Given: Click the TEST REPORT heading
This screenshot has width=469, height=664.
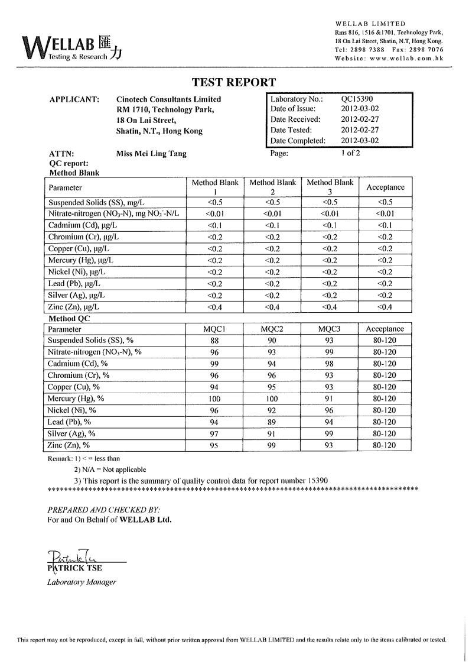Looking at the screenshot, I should point(233,83).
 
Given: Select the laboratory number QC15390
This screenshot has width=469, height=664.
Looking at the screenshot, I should point(357,99).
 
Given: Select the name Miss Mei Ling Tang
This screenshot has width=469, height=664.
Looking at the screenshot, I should point(152,154).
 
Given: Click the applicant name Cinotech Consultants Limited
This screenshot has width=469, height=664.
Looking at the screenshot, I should point(169,99).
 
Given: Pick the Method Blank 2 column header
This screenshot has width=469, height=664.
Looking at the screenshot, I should point(272,187).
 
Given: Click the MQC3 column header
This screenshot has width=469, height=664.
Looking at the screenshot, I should point(330,329).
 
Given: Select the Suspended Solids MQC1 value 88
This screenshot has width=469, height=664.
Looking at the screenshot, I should point(215,341).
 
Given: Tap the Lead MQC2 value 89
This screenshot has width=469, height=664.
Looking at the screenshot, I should point(272,422).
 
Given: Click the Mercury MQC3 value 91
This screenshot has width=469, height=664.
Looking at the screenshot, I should point(330,399).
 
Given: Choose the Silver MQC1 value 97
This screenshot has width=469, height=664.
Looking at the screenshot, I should point(215,434).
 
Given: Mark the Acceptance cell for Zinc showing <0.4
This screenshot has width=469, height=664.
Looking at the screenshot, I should point(385,307).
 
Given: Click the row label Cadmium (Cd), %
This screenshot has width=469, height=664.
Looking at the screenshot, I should point(78,364).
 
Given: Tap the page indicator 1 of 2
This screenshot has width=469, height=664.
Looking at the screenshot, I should point(350,153).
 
